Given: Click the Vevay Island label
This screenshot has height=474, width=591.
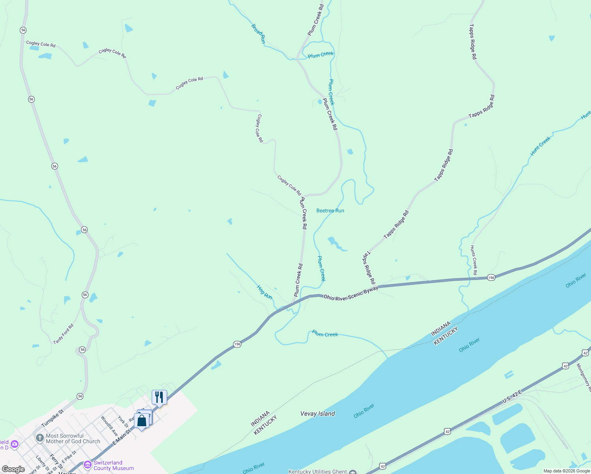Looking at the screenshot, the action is (x=318, y=414).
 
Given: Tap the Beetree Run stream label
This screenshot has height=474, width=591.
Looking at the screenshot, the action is (x=330, y=211).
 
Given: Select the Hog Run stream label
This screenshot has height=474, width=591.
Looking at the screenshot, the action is (x=265, y=292).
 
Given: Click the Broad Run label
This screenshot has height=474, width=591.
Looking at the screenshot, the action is (x=258, y=34).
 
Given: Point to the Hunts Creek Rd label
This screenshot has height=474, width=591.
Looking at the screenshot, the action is (x=473, y=260).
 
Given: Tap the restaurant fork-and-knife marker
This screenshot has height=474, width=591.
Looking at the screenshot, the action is (x=159, y=397).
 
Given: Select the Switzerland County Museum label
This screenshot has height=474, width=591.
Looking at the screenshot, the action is (x=113, y=465).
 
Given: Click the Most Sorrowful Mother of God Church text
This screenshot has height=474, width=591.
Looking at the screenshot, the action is (x=73, y=438).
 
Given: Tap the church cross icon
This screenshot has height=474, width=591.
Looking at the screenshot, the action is (x=40, y=438).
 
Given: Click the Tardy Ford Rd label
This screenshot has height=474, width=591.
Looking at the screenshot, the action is (x=64, y=334).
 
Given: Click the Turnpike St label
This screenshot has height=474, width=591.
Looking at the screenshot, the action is (x=53, y=418).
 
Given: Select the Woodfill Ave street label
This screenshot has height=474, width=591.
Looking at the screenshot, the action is (x=109, y=426).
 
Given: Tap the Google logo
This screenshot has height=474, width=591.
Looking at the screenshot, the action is (x=13, y=469).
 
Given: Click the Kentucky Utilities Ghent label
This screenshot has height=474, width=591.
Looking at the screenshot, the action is (x=318, y=471).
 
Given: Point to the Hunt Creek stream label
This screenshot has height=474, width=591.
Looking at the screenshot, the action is (x=540, y=146).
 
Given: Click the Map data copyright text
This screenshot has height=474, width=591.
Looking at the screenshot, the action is (x=567, y=471).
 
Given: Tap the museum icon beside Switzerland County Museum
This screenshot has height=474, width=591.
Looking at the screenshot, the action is (x=87, y=466).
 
